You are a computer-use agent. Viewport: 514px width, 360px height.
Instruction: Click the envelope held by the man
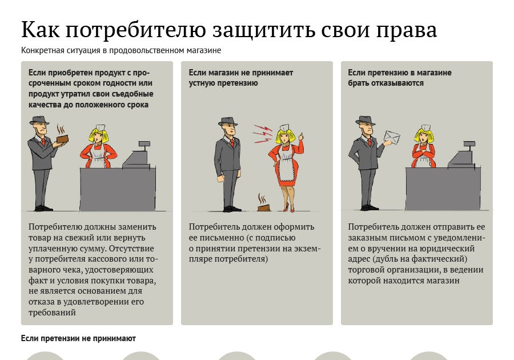(393, 137)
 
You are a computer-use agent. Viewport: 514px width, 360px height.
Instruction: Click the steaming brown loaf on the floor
(264, 206)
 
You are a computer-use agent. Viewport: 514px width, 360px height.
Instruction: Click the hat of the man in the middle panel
(227, 121)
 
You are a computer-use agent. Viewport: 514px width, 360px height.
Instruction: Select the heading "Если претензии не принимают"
(78, 339)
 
